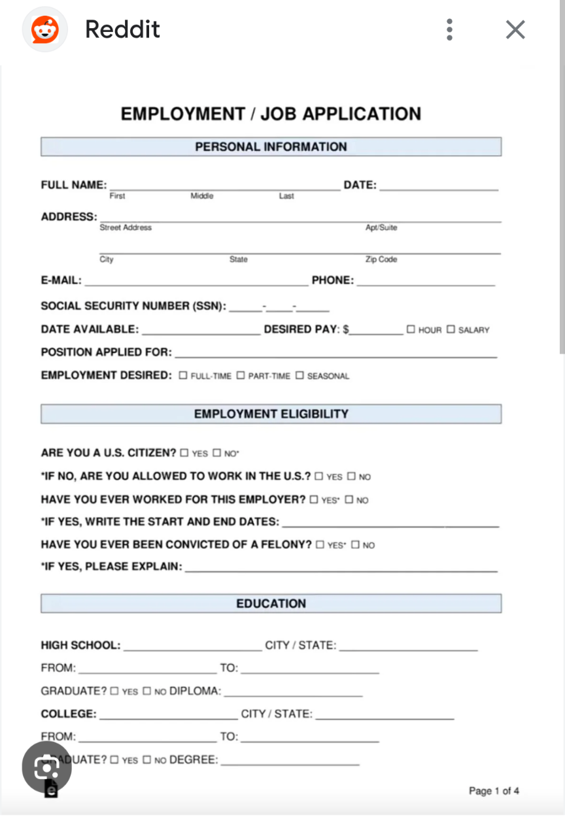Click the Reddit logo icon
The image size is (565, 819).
tap(45, 29)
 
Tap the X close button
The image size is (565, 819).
tap(515, 29)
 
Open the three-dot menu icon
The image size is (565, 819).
tap(449, 29)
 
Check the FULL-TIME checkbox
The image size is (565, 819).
tap(183, 376)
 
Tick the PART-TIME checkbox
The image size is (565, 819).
tap(241, 376)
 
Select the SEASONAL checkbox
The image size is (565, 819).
tap(300, 376)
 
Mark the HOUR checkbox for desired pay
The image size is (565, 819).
tap(411, 329)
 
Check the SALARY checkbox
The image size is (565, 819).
tap(451, 329)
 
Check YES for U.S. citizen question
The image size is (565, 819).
tap(184, 453)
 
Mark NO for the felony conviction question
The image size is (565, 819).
tap(355, 544)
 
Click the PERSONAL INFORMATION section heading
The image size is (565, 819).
tap(271, 146)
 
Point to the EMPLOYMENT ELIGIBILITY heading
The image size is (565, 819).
tap(271, 414)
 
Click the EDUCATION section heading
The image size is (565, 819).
tap(271, 603)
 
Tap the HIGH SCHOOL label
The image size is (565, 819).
tap(80, 645)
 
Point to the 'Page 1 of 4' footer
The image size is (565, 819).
tap(494, 791)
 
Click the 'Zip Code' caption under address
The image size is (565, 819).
tap(381, 259)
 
